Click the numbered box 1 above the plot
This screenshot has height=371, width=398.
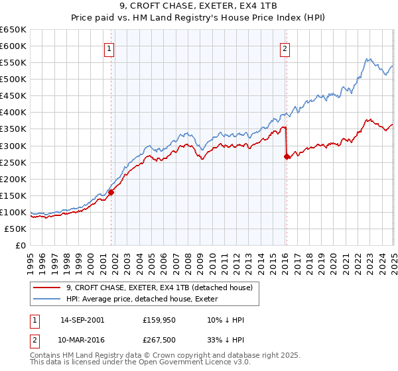108,48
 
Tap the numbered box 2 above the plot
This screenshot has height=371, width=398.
285,48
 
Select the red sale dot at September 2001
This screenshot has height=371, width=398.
111,192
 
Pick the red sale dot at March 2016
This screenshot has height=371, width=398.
287,156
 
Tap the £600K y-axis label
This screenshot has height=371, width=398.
15,46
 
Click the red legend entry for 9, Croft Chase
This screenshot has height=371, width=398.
159,288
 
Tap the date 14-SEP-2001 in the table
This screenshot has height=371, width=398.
82,320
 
